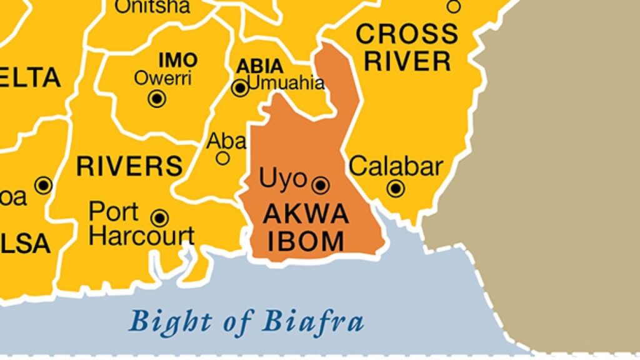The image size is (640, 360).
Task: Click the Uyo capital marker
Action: coord(321,184)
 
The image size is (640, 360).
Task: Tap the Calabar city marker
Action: coord(395,187)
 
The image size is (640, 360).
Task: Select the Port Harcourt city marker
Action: coord(160,217)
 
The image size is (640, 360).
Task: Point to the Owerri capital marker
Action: coord(156,98)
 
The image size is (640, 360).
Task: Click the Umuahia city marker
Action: coord(239,88)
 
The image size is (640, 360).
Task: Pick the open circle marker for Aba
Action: coord(222,158)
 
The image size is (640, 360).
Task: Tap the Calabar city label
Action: coord(396,167)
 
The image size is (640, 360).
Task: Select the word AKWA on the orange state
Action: coord(306,214)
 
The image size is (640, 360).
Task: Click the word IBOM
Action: coord(306,241)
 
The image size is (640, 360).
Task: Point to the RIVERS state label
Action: coord(129,166)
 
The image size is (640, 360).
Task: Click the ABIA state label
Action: coord(259,67)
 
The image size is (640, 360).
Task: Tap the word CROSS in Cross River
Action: coord(407,34)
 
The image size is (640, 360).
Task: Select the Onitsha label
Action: coord(152,7)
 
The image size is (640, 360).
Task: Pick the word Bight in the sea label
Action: coord(166,322)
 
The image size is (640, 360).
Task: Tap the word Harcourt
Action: coord(142,237)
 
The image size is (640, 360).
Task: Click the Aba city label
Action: coord(226,142)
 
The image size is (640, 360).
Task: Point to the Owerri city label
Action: coord(163,79)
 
